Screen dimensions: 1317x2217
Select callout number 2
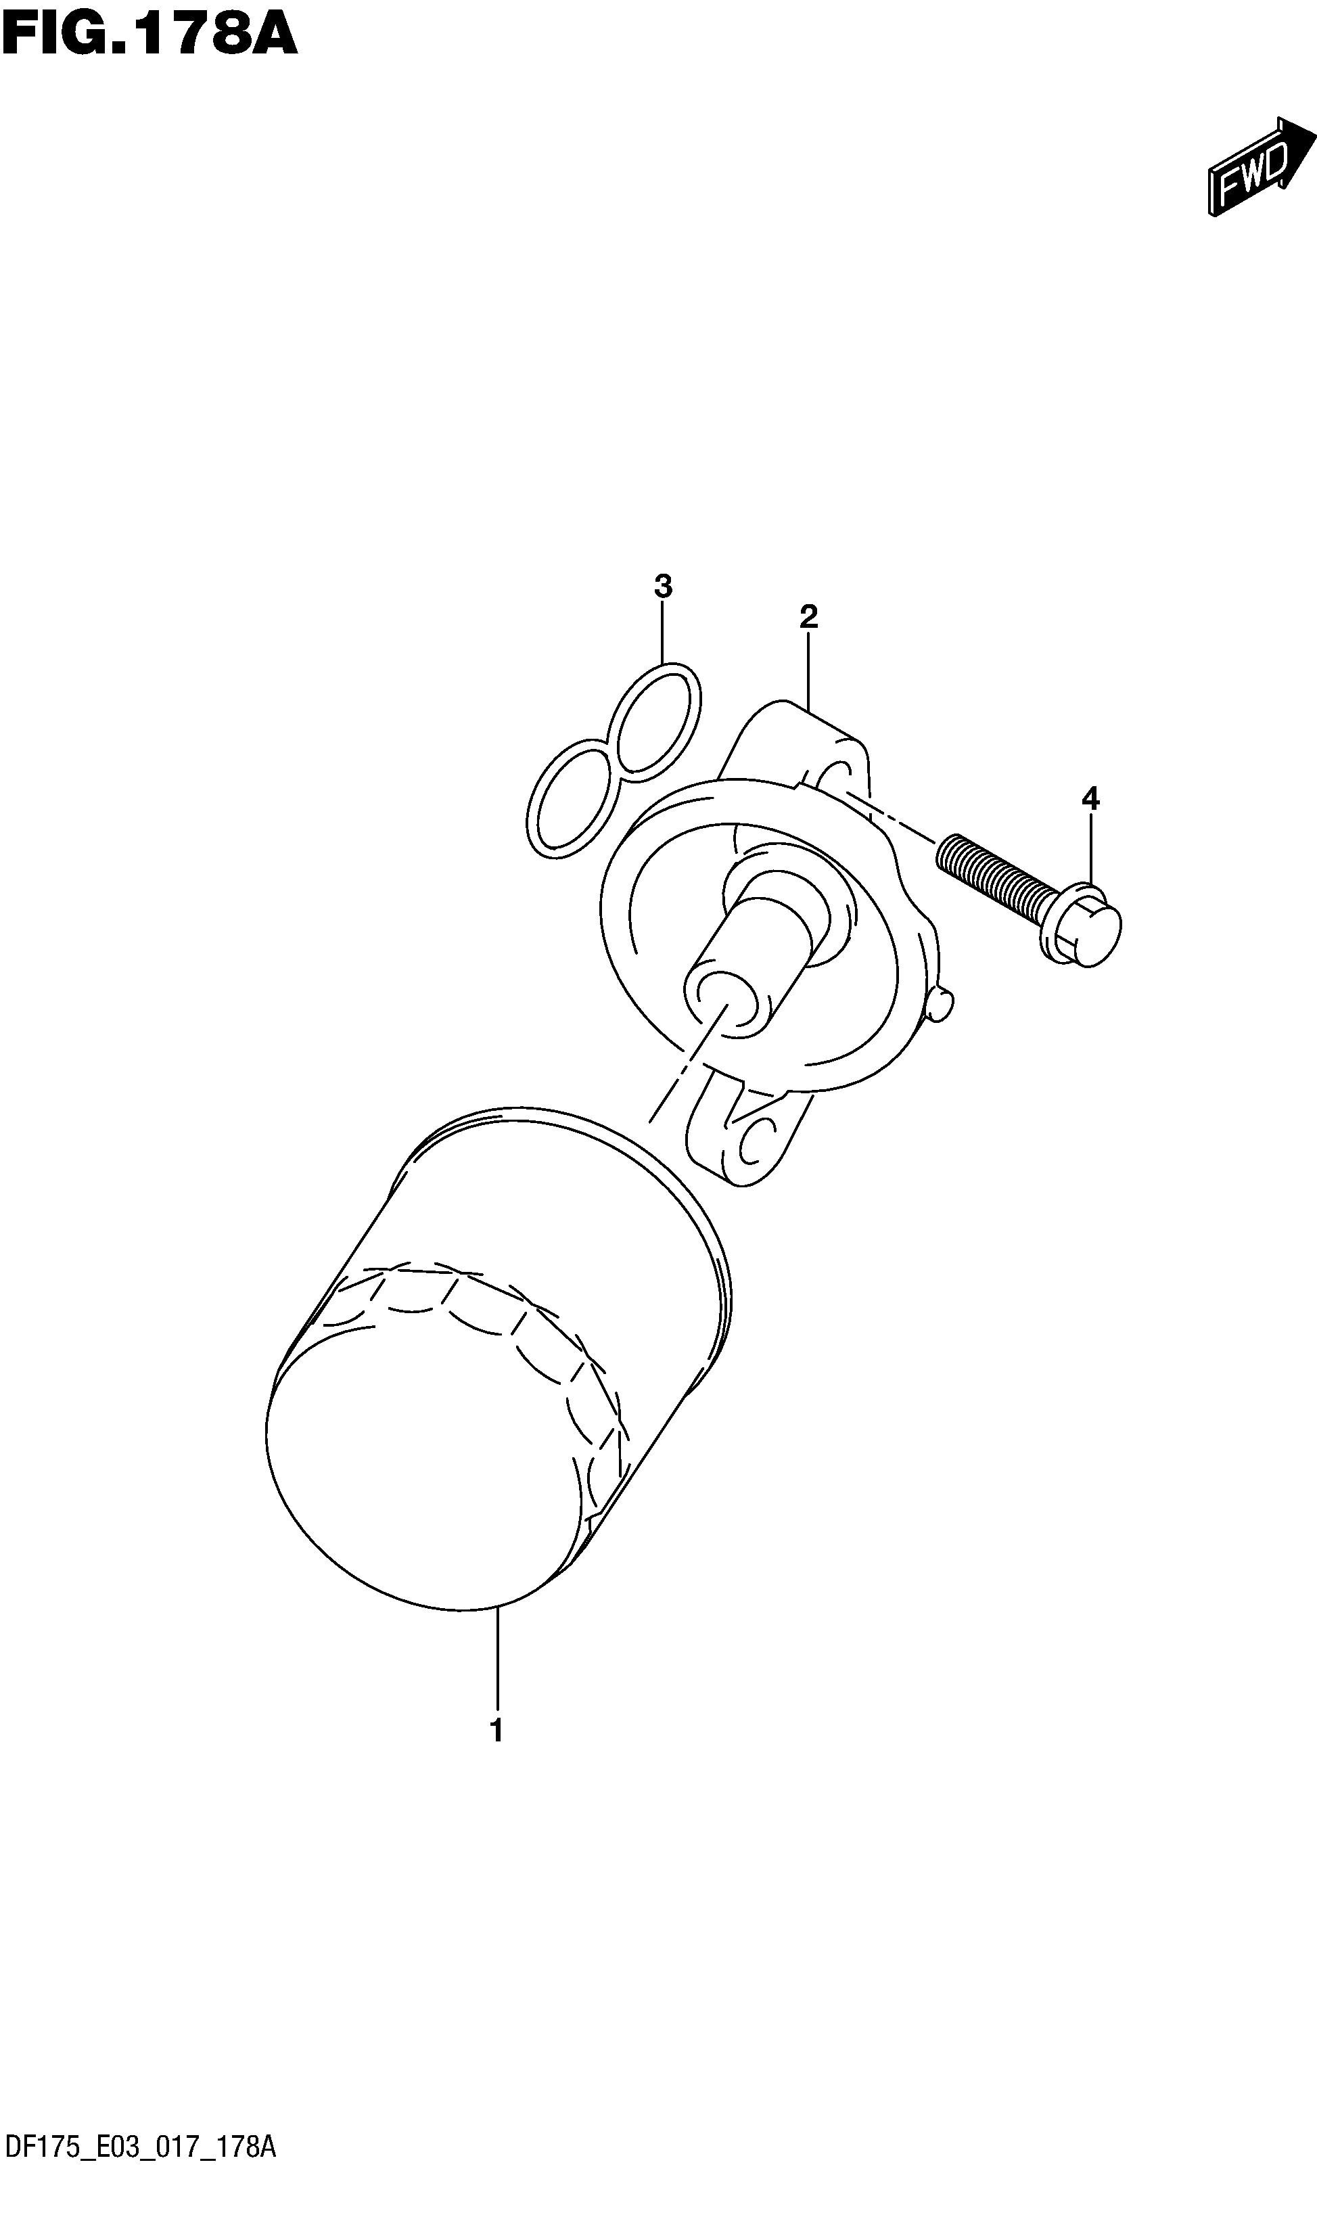(808, 616)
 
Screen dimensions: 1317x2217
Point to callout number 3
(663, 586)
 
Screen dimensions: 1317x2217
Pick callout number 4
(1090, 799)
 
